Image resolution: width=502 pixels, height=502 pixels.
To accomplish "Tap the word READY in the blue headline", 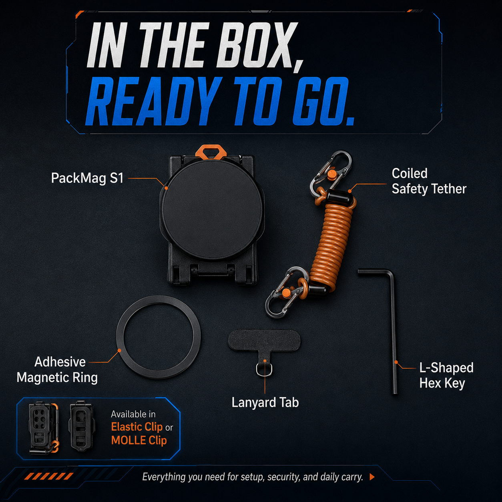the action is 153,102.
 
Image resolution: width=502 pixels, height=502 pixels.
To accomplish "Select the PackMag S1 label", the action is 87,179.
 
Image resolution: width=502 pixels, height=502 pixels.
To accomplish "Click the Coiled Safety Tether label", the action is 429,181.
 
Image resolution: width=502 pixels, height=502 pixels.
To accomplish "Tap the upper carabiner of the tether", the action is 331,171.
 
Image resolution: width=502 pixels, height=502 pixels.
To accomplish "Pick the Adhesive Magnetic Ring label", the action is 57,369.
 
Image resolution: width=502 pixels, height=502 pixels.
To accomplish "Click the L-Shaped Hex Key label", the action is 446,375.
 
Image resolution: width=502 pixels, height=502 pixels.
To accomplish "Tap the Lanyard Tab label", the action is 265,402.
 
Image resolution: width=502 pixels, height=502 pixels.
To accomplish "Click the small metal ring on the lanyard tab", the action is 264,369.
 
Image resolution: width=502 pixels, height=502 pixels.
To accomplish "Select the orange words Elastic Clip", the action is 137,427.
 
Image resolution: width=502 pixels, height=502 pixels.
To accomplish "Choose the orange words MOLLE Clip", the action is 139,440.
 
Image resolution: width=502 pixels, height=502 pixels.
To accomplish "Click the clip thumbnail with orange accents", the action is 44,428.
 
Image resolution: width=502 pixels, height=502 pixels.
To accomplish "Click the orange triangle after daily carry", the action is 372,477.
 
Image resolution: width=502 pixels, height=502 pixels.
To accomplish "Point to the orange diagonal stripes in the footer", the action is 49,476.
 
